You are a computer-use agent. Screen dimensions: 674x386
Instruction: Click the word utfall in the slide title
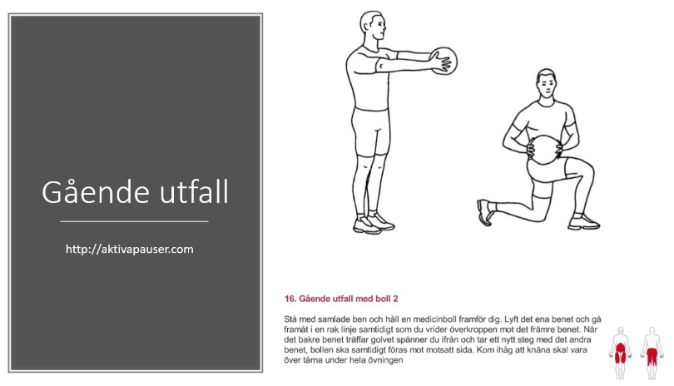[194, 191]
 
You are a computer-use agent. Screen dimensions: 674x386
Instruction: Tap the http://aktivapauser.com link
[129, 250]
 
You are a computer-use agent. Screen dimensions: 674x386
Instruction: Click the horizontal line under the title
[134, 221]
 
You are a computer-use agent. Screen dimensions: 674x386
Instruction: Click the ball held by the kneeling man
[544, 150]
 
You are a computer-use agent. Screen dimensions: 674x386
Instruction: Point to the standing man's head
[373, 27]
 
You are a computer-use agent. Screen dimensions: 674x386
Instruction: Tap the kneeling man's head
[546, 84]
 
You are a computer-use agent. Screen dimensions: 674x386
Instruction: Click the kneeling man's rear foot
[484, 212]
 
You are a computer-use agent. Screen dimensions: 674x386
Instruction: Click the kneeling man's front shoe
[584, 222]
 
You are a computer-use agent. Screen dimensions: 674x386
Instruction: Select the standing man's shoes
[373, 223]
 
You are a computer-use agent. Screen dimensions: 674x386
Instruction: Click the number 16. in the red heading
[290, 299]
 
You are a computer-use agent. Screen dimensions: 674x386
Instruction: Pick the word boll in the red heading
[384, 299]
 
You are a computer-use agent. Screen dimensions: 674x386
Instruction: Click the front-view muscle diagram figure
[620, 354]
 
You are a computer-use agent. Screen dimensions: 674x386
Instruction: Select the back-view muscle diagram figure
[652, 354]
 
